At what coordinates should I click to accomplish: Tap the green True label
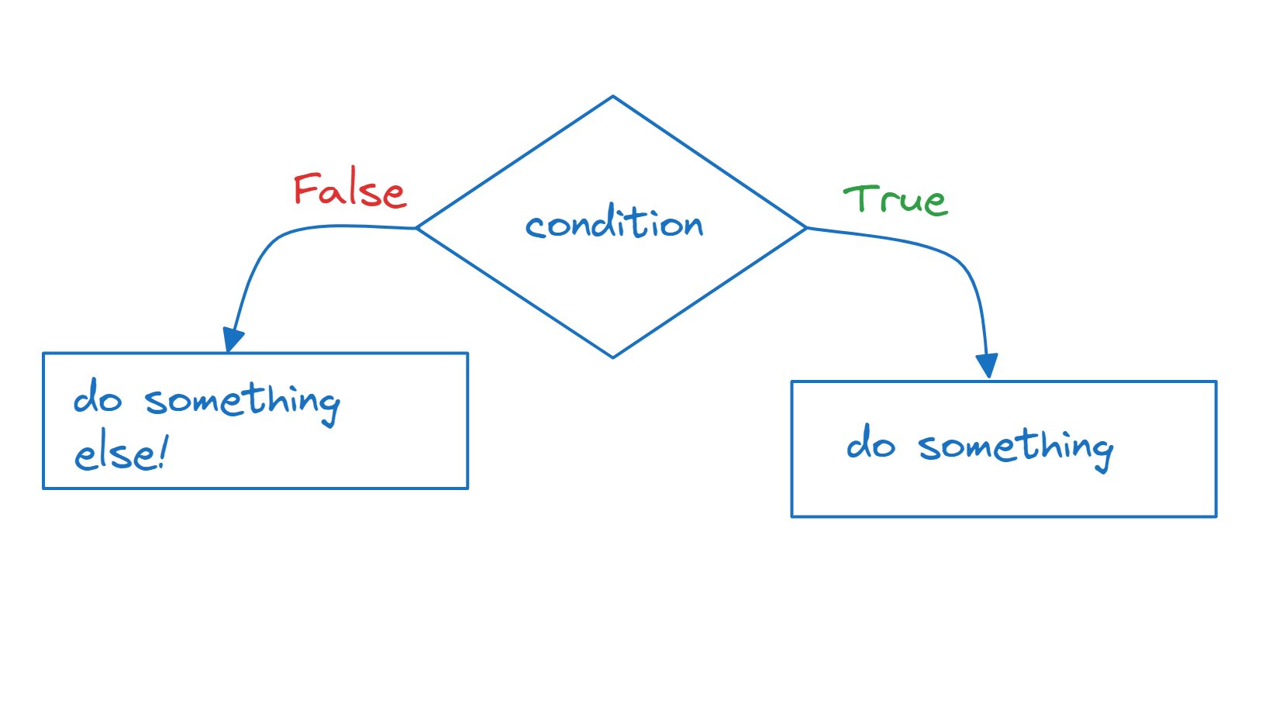896,200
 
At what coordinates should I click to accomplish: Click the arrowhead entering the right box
987,365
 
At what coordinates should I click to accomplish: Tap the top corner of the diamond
613,96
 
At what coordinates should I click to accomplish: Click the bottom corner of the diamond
613,358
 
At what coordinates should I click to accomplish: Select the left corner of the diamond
417,228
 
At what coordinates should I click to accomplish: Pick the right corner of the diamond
807,228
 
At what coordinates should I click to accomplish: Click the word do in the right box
871,443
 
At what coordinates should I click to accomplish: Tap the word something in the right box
1015,449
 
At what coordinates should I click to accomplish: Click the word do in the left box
98,397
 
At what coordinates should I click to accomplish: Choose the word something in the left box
243,403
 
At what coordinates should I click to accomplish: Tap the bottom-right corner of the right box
1216,516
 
